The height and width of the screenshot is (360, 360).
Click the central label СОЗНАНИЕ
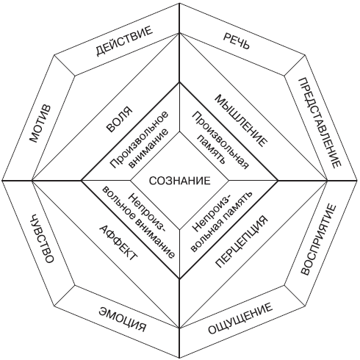180,181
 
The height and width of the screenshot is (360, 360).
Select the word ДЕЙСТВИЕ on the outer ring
124,41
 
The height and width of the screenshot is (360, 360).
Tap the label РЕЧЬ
237,41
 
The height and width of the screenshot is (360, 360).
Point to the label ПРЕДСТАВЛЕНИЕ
320,123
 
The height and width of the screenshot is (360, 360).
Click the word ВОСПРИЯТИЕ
318,240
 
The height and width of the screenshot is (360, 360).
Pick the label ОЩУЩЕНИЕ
240,318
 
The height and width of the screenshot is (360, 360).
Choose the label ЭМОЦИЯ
122,319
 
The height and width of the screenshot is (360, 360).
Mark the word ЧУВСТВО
41,238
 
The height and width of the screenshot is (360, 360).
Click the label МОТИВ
40,123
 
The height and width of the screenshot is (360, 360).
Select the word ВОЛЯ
119,120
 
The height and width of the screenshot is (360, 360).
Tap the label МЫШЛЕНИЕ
241,120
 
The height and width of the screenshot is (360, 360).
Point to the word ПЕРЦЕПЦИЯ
241,242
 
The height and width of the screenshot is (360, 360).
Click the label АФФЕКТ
118,242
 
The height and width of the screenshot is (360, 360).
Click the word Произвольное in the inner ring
139,140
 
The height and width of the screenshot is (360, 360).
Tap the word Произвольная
220,140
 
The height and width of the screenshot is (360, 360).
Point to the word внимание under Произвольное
148,149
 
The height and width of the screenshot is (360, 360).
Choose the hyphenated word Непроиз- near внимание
147,212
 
